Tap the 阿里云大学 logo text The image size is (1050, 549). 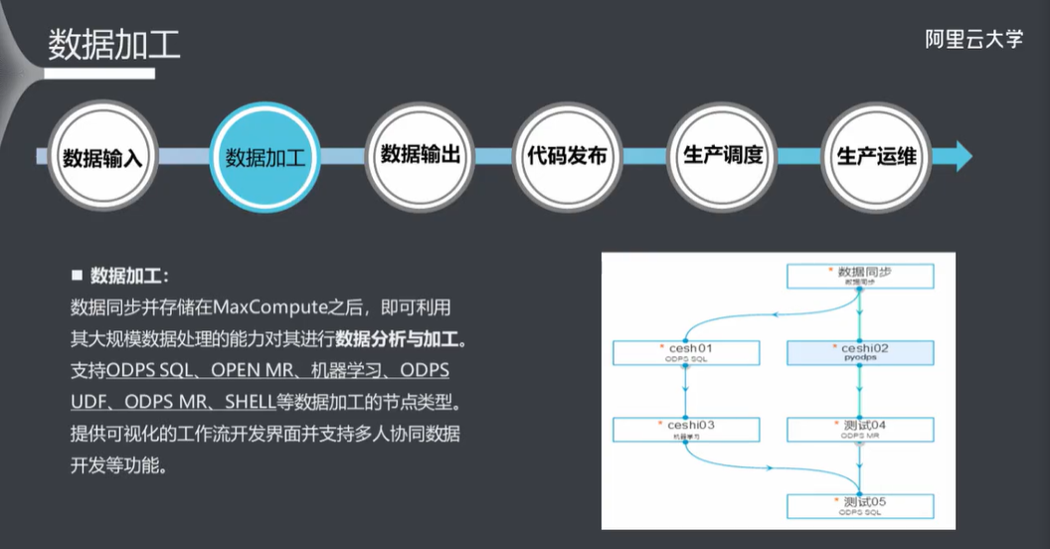pos(973,39)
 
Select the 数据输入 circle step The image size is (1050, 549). pos(104,157)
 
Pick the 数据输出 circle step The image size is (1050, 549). pos(421,155)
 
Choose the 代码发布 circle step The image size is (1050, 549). pos(567,155)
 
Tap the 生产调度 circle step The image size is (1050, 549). pos(723,155)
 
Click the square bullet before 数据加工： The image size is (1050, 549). pos(77,274)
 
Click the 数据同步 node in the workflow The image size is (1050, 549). pos(860,275)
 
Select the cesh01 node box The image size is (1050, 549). pos(687,352)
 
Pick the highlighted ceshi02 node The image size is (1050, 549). pos(860,352)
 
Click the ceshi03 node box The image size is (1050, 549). pos(687,429)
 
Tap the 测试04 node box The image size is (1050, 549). pos(860,429)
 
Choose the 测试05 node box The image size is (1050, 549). pos(860,505)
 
